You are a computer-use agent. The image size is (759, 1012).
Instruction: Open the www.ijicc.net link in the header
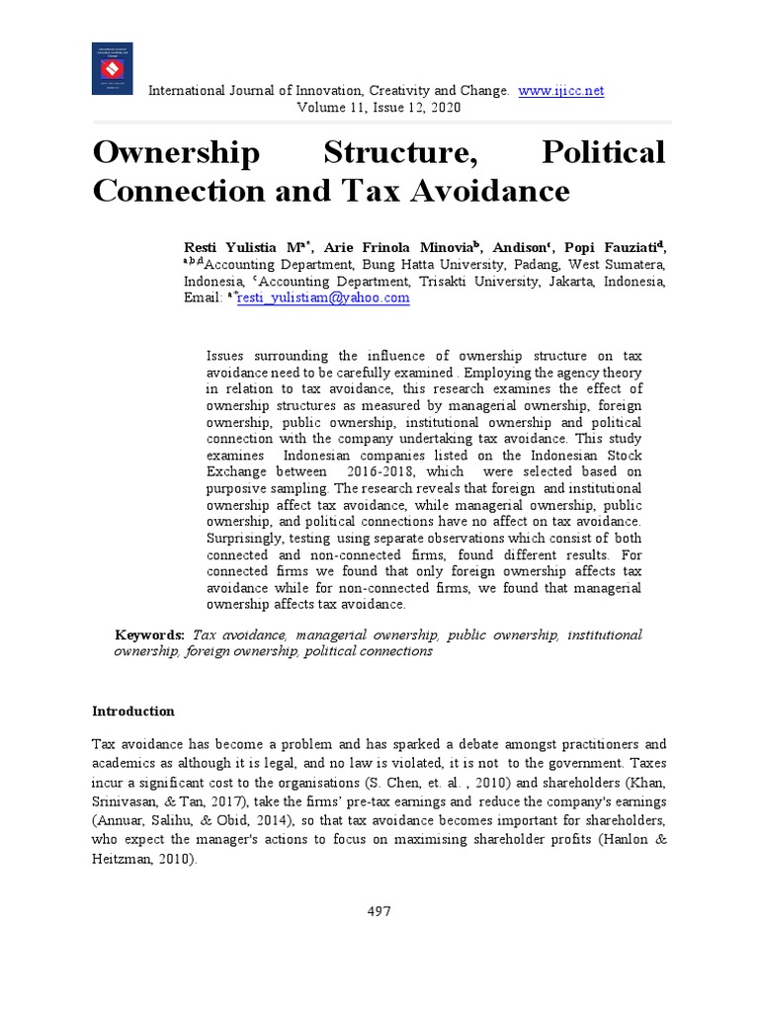(x=560, y=91)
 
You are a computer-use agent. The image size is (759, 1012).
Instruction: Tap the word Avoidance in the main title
(x=490, y=189)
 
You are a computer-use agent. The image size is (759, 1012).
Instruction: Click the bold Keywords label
(x=150, y=634)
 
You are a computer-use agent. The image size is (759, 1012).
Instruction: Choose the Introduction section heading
(x=133, y=712)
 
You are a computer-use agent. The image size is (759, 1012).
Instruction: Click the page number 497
(x=379, y=911)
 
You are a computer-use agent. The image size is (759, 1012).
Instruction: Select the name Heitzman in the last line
(x=126, y=860)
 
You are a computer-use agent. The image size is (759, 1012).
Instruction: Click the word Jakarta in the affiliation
(x=561, y=281)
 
